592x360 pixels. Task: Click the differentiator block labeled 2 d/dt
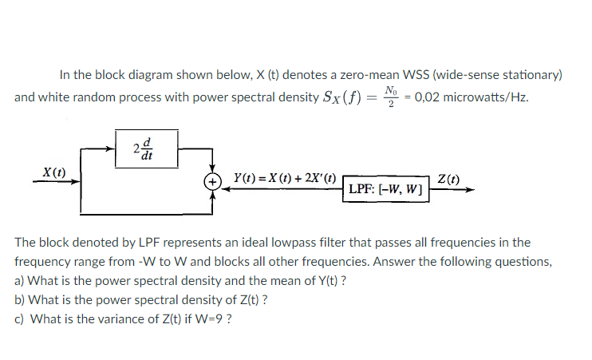(x=145, y=148)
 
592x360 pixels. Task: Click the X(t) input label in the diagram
(x=54, y=172)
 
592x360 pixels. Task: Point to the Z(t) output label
(x=448, y=180)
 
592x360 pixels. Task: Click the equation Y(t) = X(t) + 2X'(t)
(x=283, y=179)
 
